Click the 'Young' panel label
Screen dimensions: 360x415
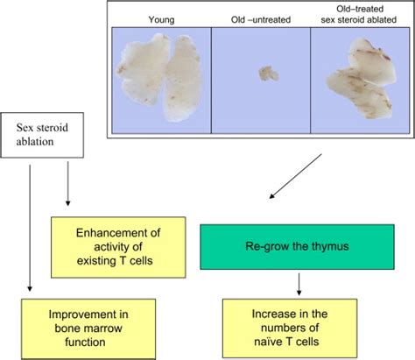(x=161, y=18)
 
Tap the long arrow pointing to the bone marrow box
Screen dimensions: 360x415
(x=30, y=228)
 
